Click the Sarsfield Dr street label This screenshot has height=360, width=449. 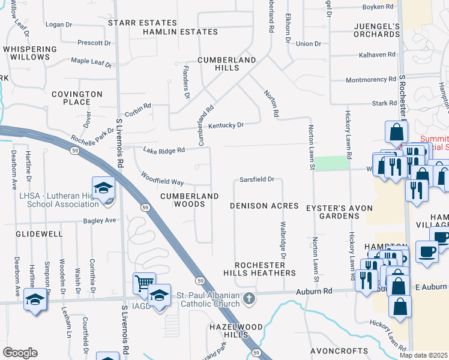[x=256, y=179]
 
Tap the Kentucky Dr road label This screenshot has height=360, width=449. [x=226, y=125]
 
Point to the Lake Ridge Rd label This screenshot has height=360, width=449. [x=163, y=151]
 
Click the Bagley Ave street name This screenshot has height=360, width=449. [x=101, y=221]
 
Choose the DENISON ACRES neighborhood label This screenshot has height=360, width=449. [x=264, y=206]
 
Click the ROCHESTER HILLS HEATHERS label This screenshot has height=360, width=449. [x=265, y=269]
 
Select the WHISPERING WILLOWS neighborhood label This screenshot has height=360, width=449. [x=26, y=53]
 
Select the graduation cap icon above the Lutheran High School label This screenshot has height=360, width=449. [x=103, y=187]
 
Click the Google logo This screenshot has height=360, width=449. [x=20, y=353]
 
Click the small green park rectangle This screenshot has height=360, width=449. [x=332, y=163]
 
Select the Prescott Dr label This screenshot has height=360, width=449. [x=94, y=43]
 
